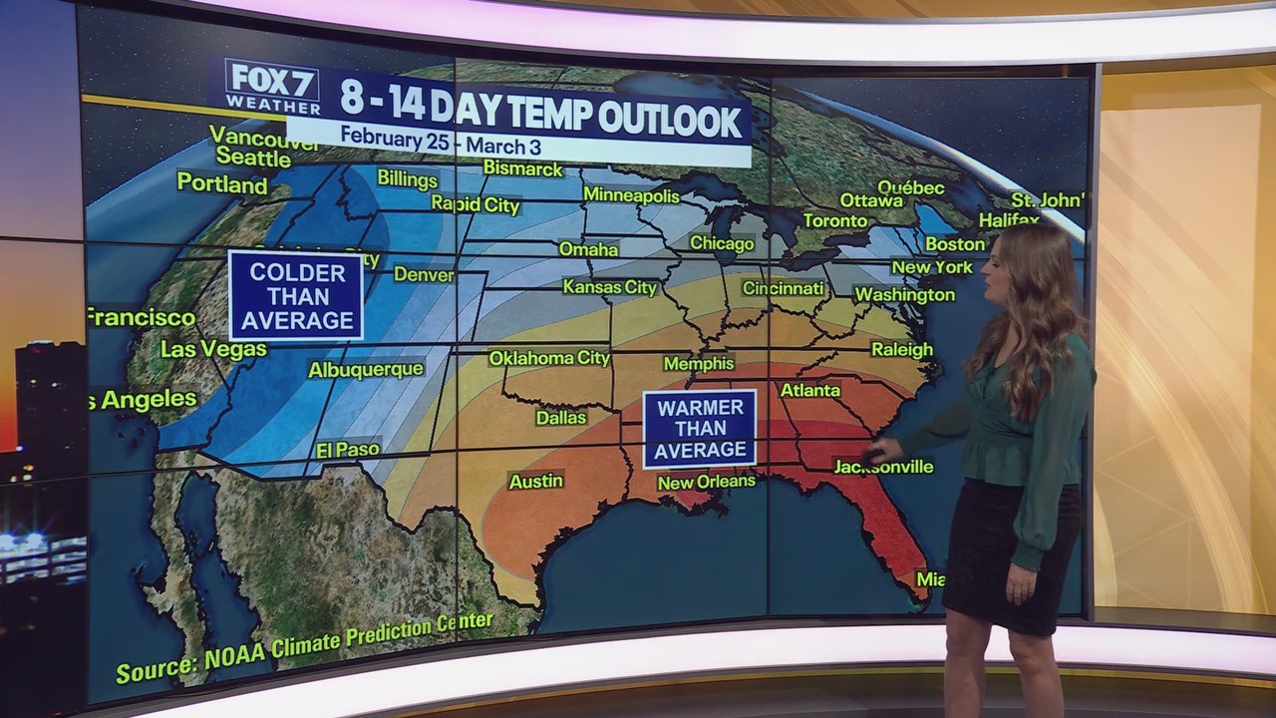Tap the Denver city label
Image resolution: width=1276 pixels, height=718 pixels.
click(424, 274)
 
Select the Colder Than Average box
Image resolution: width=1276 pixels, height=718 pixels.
click(296, 296)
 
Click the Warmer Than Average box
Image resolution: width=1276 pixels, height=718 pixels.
click(699, 429)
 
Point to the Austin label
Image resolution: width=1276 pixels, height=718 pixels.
click(536, 482)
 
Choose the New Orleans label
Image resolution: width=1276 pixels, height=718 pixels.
click(706, 482)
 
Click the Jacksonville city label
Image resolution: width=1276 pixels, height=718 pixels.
click(883, 467)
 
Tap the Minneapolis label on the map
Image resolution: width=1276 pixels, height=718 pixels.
click(631, 194)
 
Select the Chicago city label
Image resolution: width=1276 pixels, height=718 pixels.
click(722, 243)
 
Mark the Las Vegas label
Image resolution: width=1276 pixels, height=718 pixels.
click(213, 349)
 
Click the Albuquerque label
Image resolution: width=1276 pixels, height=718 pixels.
click(366, 370)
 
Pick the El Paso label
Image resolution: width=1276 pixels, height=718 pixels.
click(348, 450)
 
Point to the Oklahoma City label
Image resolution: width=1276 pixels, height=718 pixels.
click(549, 358)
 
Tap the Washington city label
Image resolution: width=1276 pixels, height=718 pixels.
click(904, 295)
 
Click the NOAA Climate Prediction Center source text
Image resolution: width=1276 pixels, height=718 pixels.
click(304, 648)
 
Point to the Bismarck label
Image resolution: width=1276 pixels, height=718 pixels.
click(523, 169)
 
